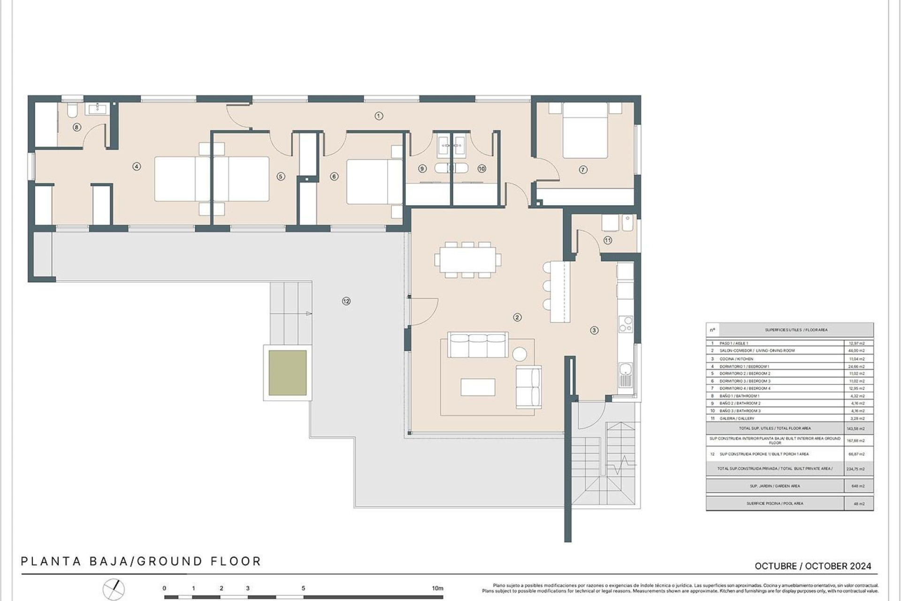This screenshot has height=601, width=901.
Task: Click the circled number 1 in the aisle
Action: click(x=379, y=116)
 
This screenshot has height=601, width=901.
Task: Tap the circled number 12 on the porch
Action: click(x=346, y=301)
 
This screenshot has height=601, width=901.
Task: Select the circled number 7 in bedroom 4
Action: click(x=583, y=170)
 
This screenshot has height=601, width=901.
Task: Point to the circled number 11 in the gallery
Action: click(x=608, y=240)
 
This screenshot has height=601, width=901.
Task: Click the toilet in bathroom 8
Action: click(x=72, y=111)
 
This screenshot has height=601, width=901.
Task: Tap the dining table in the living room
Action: click(x=467, y=260)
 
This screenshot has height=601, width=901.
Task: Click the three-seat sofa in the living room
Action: click(x=478, y=345)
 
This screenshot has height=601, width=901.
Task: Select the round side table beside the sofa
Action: click(x=519, y=354)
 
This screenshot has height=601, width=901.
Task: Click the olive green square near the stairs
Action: click(x=288, y=373)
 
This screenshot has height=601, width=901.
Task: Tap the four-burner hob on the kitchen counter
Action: click(x=626, y=324)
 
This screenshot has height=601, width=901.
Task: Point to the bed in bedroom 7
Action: click(x=585, y=131)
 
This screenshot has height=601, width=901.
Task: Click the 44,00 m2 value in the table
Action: click(x=857, y=351)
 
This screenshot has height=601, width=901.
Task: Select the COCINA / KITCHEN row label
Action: click(x=736, y=359)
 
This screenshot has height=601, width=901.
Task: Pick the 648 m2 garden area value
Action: click(x=858, y=486)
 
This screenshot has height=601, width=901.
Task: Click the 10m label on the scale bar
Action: click(x=437, y=588)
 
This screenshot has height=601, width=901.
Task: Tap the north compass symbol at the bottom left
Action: click(x=114, y=589)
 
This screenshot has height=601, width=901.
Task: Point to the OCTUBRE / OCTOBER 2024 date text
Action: click(x=813, y=566)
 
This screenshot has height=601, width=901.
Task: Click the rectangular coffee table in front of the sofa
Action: click(x=478, y=387)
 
